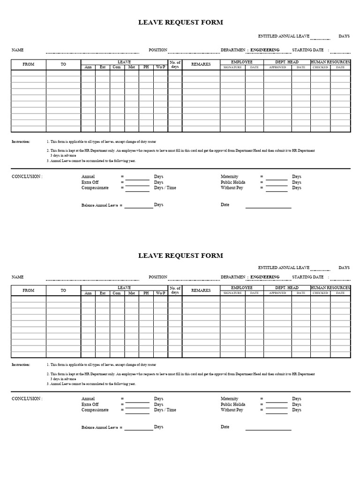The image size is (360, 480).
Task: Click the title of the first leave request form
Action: (x=180, y=22)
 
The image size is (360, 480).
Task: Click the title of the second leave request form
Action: (x=180, y=255)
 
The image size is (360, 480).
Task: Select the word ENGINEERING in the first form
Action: (x=265, y=50)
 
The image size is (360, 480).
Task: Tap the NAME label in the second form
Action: (x=18, y=277)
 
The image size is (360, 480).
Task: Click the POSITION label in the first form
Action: (x=158, y=50)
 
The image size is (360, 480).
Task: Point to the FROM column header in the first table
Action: (x=29, y=65)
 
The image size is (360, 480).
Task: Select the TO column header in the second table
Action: (x=63, y=291)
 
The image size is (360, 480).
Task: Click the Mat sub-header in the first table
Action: (x=132, y=67)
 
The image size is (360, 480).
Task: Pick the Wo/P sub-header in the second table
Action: (x=160, y=293)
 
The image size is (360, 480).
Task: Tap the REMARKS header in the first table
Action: (x=201, y=64)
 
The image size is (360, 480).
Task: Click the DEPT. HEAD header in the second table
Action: (x=286, y=288)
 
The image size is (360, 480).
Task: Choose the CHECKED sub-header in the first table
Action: (x=320, y=67)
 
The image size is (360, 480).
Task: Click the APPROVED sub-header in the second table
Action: (x=277, y=293)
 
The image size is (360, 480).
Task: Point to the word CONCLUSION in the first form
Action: (x=27, y=177)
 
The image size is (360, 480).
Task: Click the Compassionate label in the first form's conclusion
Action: (x=95, y=188)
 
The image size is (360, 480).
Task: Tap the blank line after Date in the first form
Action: (x=268, y=207)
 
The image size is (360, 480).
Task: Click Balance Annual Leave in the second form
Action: (x=100, y=427)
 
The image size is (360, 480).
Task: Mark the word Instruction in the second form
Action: (x=21, y=364)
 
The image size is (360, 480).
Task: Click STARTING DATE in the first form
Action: (x=307, y=50)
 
